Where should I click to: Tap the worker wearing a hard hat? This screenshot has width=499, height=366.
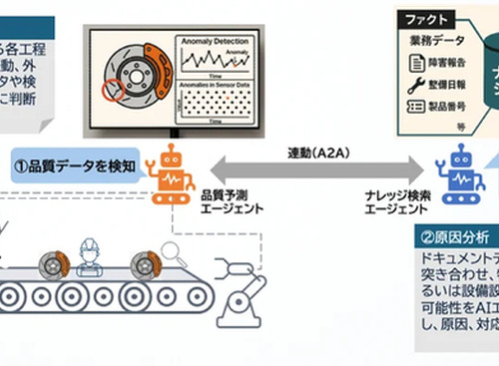(91, 258)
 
